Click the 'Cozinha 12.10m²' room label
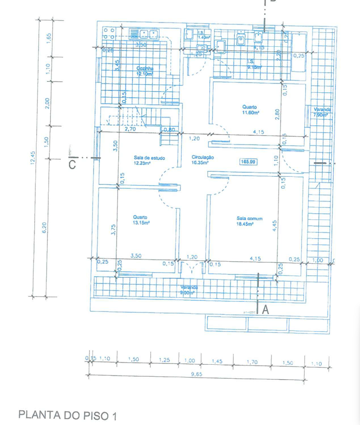pos(144,71)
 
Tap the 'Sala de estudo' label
pos(149,160)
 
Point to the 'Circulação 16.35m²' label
pos(203,160)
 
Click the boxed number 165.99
pos(248,162)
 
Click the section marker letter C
pos(72,164)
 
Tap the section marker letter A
pos(266,310)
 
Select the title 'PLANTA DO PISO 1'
pos(67,415)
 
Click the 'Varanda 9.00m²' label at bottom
pos(190,290)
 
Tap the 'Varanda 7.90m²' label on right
pos(320,113)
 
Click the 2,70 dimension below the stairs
pos(130,129)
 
